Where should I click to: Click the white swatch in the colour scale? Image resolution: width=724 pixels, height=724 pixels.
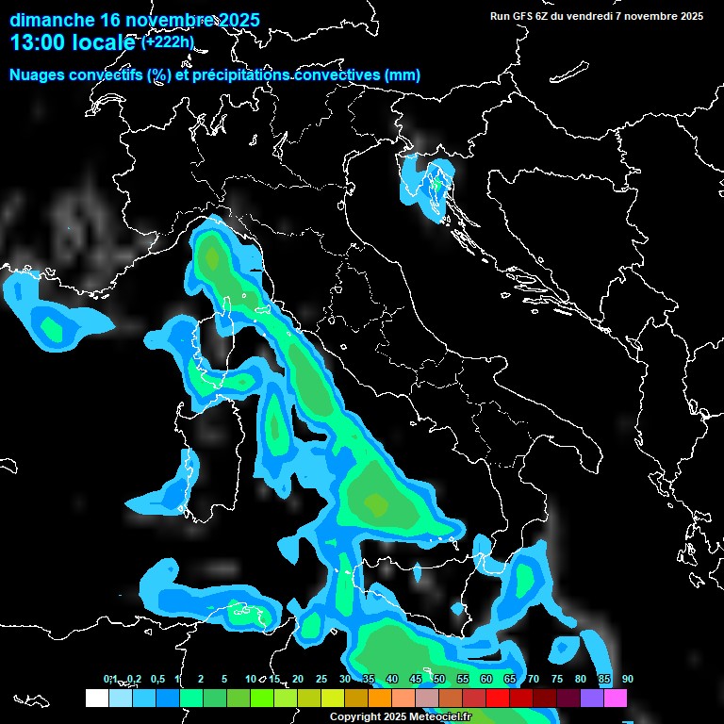tap(96, 698)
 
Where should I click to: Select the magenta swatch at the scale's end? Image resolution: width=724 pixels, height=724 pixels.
tap(616, 698)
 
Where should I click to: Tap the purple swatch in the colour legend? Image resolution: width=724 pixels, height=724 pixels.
tap(592, 698)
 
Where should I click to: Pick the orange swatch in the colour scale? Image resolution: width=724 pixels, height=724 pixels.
tap(379, 698)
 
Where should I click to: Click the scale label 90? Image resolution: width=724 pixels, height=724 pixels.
tap(628, 679)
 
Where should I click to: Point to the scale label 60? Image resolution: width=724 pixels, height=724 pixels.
tap(486, 679)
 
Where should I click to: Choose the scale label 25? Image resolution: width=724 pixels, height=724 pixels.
tap(321, 679)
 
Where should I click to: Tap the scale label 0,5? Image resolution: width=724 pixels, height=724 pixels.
tap(156, 679)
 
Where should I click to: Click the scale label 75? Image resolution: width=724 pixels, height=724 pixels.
tap(557, 679)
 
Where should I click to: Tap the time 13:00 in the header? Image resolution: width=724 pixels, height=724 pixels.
tap(41, 42)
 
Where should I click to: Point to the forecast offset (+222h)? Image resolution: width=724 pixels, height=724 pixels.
tap(168, 42)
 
